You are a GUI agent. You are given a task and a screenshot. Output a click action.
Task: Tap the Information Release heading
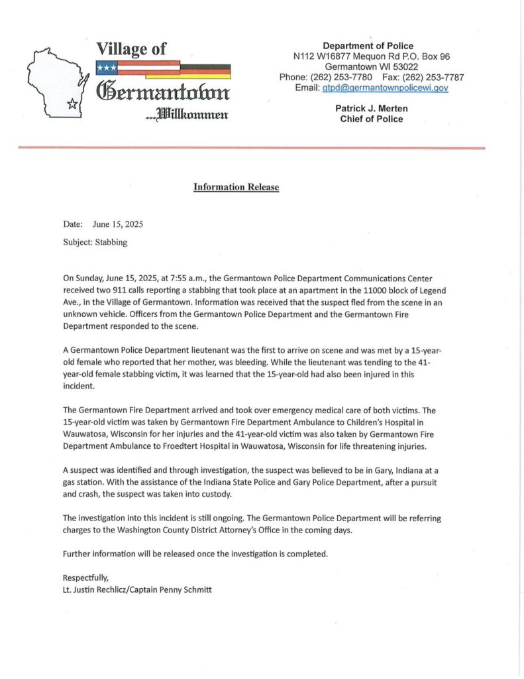point(236,187)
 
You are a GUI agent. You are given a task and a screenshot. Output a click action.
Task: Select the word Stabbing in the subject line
point(111,242)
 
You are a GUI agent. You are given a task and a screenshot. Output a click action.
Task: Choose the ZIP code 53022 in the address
point(404,67)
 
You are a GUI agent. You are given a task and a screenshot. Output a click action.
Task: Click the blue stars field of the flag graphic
point(106,68)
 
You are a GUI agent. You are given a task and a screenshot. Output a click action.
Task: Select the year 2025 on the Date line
point(132,224)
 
